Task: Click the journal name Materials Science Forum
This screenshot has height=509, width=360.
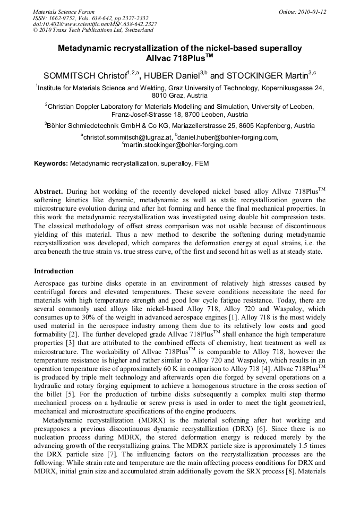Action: (x=64, y=12)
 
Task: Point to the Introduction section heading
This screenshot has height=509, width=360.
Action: (x=54, y=271)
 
